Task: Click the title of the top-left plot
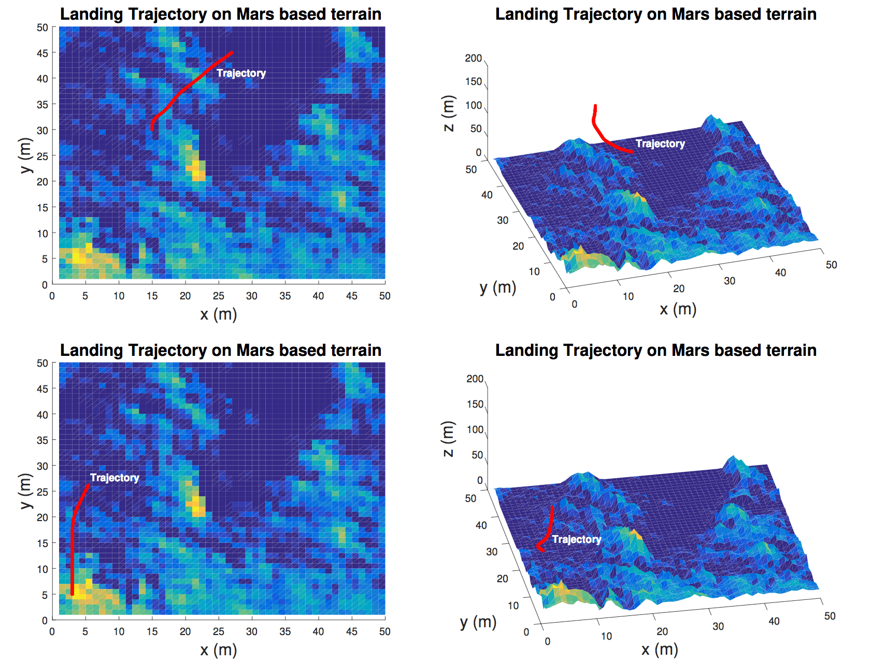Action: (x=221, y=14)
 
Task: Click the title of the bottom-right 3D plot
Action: (x=655, y=350)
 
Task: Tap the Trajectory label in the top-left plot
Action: (x=241, y=73)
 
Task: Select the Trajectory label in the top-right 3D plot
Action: (x=660, y=143)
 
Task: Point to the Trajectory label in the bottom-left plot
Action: (x=115, y=478)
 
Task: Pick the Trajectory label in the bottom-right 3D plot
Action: (x=577, y=539)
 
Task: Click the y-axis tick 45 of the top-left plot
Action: (x=42, y=53)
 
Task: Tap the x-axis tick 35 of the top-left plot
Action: (x=285, y=296)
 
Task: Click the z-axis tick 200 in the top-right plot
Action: (x=473, y=58)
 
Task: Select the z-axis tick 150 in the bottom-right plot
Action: (x=475, y=404)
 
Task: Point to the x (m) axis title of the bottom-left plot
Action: (x=218, y=650)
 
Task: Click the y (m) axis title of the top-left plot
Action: (x=25, y=155)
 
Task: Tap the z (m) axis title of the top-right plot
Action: (x=448, y=113)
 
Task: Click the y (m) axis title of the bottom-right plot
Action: (x=478, y=622)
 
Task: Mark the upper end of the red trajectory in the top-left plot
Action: (x=232, y=52)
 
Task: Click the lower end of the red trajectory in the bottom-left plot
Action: (x=72, y=594)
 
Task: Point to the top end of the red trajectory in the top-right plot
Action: (x=595, y=106)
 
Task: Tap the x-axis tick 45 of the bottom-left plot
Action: (x=351, y=631)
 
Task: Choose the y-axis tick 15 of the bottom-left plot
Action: (x=42, y=543)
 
